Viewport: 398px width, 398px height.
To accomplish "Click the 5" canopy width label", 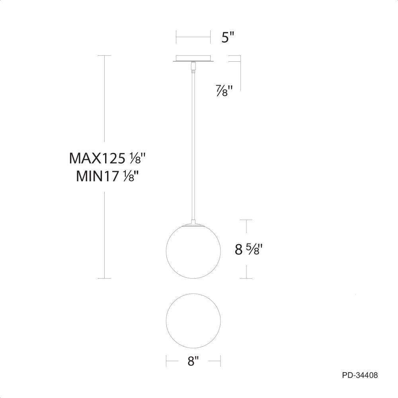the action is tap(227, 37).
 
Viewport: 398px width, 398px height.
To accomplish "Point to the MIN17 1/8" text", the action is tap(108, 176).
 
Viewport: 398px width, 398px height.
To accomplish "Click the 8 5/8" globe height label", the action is tap(248, 250).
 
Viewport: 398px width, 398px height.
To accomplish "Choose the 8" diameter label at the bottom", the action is tap(193, 361).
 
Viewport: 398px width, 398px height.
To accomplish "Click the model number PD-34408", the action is tap(360, 375).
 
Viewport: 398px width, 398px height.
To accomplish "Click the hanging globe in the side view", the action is tap(193, 251).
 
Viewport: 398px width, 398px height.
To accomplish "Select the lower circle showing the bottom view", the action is tap(193, 321).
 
